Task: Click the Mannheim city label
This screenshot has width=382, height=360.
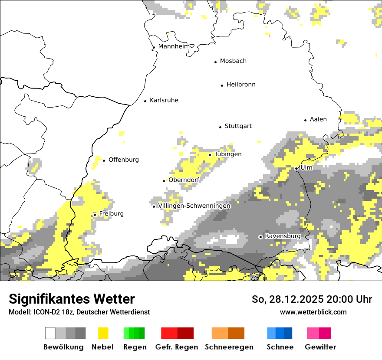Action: point(174,46)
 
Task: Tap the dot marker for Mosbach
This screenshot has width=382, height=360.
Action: point(215,62)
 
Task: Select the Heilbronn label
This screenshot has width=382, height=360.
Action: point(241,85)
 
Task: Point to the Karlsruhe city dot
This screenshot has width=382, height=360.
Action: point(145,101)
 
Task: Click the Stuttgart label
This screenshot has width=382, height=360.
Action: point(238,126)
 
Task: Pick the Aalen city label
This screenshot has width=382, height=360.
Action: point(318,119)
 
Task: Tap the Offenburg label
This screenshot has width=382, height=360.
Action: point(124,160)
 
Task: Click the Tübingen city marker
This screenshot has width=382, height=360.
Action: point(210,155)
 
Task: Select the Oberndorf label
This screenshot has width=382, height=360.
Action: point(184,180)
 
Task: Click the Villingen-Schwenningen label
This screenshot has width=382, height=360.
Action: point(194,206)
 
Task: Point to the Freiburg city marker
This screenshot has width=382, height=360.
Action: point(95,215)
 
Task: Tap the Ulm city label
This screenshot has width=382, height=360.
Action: point(306,167)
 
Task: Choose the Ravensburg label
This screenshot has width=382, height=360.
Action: point(283,236)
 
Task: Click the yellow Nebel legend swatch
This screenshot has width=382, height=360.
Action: point(103,333)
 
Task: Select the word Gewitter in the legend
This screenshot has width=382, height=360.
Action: point(320,347)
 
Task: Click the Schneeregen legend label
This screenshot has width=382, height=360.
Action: point(229,347)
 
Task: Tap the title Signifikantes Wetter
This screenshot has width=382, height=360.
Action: point(72,299)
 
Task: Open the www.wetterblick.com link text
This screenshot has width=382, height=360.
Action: point(313,312)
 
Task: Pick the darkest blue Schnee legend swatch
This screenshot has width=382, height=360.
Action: point(288,333)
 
